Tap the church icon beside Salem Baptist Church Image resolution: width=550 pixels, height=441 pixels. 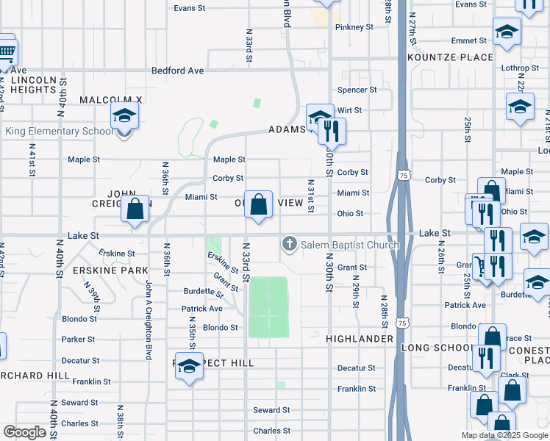290,244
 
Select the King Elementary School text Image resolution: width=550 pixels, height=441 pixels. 60,132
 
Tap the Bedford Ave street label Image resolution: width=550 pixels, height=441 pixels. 177,71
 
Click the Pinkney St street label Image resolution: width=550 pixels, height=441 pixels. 354,27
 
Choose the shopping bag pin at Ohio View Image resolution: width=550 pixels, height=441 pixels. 258,204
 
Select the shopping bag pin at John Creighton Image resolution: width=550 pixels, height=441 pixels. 135,209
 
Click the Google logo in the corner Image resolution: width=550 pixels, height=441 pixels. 24,432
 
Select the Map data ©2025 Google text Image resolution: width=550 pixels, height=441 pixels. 504,435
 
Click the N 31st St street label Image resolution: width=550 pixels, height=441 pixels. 311,196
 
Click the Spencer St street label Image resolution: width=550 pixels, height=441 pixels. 357,90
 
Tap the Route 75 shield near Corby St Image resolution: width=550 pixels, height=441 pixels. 403,176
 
